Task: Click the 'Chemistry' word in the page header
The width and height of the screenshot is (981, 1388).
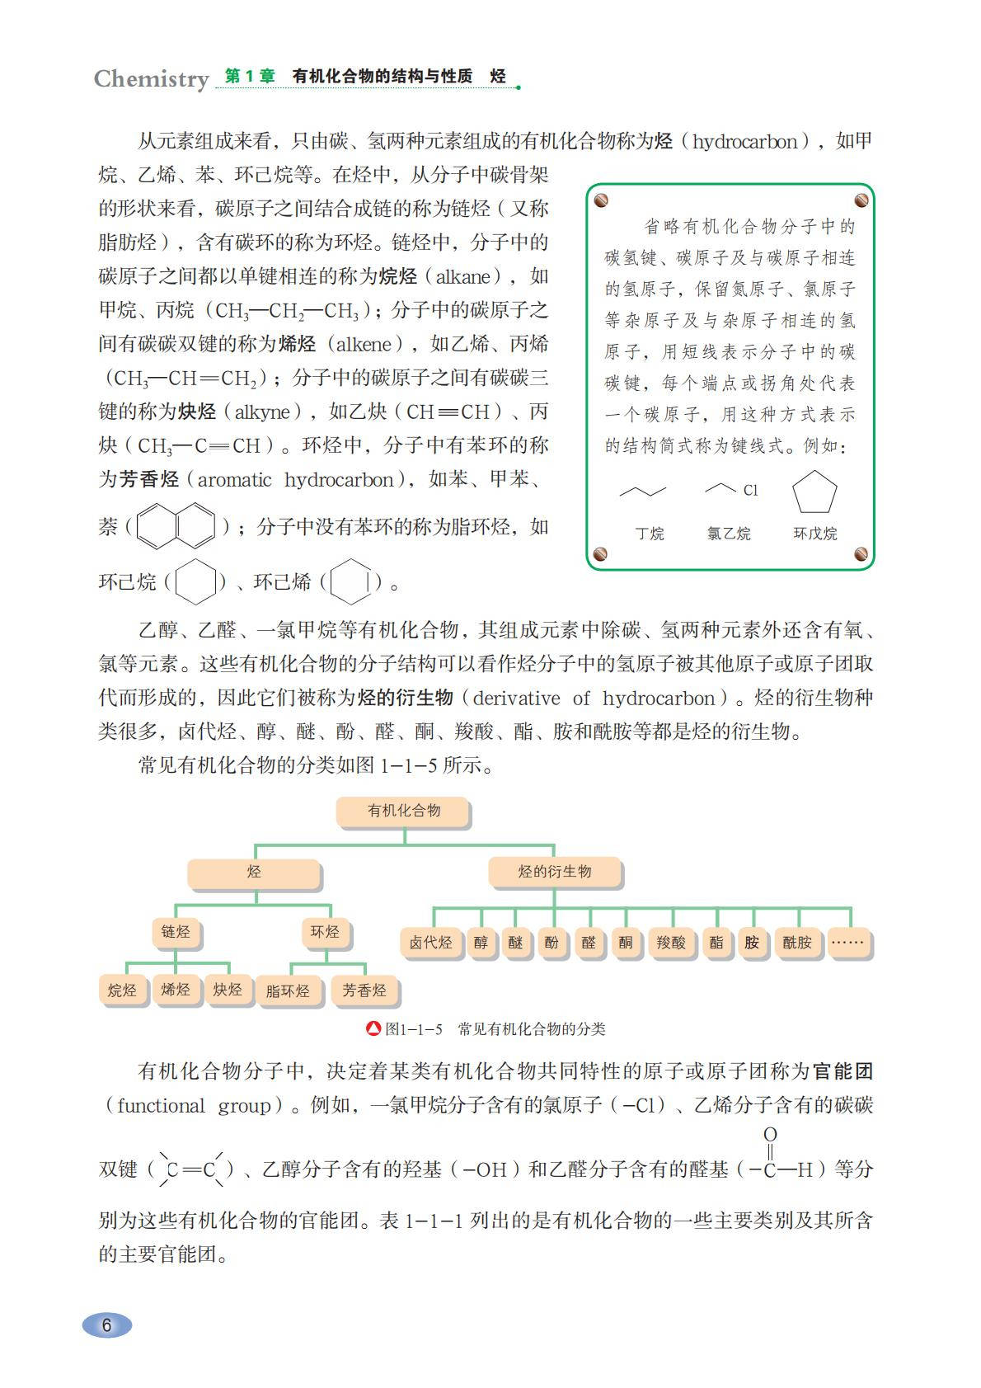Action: click(151, 79)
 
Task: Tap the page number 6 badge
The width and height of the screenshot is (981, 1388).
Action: click(106, 1324)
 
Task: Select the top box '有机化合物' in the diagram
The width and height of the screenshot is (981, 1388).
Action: click(404, 812)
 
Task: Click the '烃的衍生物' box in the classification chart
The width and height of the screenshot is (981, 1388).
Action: click(554, 872)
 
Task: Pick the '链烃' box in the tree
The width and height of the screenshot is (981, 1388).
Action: click(176, 932)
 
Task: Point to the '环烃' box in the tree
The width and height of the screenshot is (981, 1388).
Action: click(325, 932)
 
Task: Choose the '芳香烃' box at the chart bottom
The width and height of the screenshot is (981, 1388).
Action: click(364, 990)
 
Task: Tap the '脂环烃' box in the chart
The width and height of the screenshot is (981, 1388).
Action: click(288, 990)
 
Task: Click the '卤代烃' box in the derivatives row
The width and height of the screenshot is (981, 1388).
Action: click(430, 942)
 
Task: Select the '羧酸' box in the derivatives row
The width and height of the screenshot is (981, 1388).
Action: click(671, 942)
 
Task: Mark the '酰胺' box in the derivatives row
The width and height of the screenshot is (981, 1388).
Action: click(797, 942)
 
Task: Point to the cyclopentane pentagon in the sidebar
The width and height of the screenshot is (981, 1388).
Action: click(814, 493)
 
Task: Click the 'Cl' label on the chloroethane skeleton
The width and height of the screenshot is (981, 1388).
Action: click(750, 491)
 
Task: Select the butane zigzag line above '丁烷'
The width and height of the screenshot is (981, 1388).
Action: click(642, 492)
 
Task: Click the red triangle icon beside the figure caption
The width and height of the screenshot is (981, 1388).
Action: click(373, 1029)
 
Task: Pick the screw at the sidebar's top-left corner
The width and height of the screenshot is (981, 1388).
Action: click(601, 200)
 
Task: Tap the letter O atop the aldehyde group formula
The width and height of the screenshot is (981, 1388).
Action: click(770, 1135)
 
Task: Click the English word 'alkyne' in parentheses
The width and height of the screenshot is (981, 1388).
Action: click(263, 412)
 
